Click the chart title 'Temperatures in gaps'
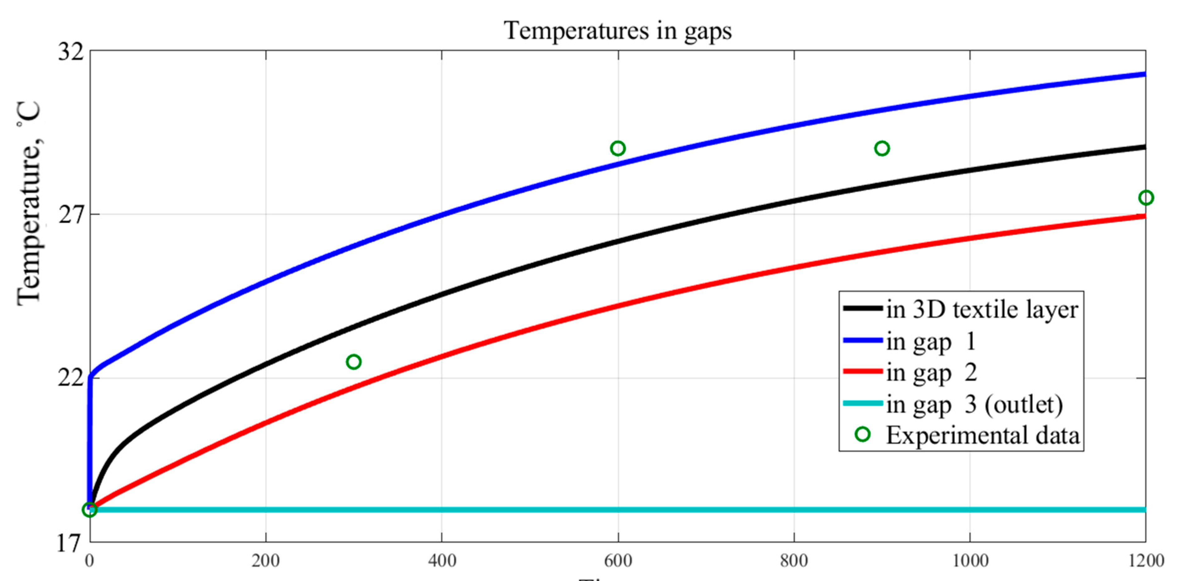[x=618, y=31]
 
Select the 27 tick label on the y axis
[x=71, y=215]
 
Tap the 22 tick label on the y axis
[x=71, y=379]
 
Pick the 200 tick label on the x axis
[x=266, y=561]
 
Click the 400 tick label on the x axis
[x=442, y=561]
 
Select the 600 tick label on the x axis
[x=618, y=561]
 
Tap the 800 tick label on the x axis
[x=794, y=561]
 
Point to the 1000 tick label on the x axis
[x=970, y=561]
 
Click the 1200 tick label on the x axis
[x=1146, y=561]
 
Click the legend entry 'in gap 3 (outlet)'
[x=975, y=405]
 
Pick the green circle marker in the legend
[x=863, y=434]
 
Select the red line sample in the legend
[x=863, y=372]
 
